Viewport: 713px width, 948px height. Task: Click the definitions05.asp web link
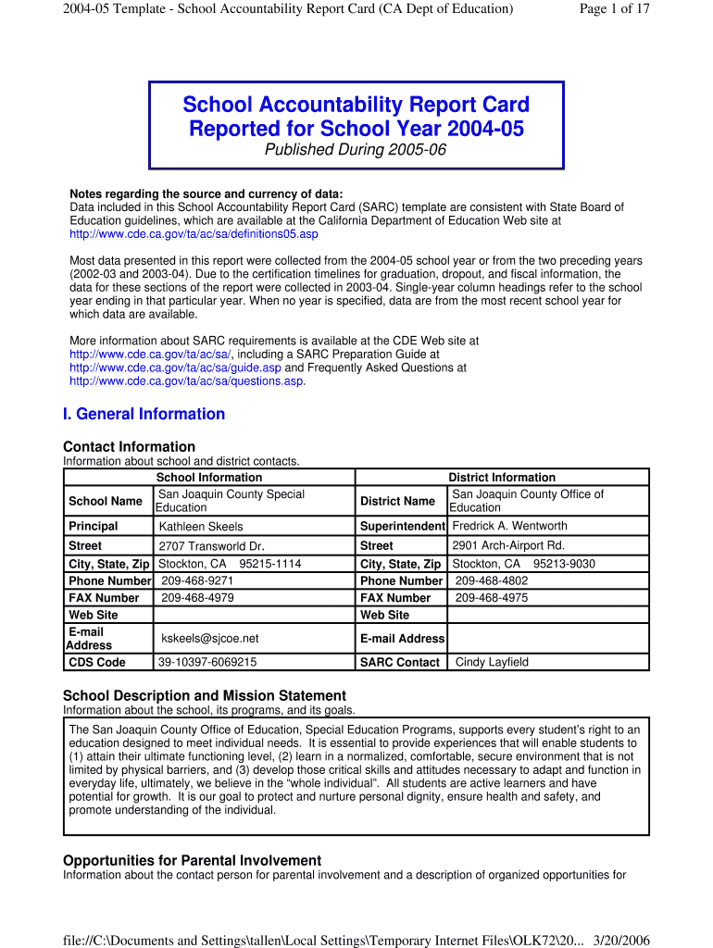click(194, 234)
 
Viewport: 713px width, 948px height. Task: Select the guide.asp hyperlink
click(175, 368)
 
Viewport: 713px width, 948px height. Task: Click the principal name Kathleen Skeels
click(201, 527)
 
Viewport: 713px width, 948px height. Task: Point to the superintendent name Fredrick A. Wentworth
click(509, 526)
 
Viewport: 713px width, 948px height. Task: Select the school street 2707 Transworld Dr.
click(211, 546)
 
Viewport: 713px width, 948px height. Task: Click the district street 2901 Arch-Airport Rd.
click(507, 545)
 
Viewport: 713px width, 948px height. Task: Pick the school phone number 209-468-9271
click(197, 580)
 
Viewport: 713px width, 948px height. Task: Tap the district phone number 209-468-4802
click(492, 580)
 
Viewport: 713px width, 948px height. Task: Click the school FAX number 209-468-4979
click(197, 598)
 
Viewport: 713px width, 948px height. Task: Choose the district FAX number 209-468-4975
click(492, 598)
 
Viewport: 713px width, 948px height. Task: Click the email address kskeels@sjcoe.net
click(210, 638)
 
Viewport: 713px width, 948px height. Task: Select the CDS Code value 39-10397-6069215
click(207, 662)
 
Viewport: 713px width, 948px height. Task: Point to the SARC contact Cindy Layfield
click(492, 662)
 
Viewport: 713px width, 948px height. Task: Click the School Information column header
click(208, 478)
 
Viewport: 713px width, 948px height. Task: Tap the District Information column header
click(502, 478)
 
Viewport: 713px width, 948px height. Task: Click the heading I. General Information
click(144, 414)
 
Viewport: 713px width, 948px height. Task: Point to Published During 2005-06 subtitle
click(356, 150)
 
